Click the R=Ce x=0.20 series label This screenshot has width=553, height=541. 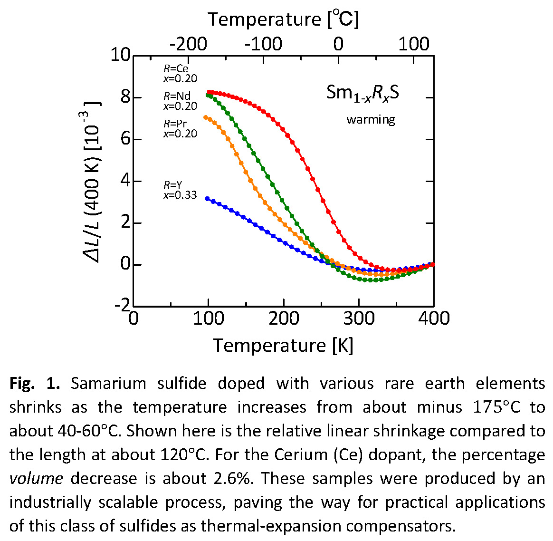click(180, 74)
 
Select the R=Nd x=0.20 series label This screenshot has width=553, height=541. click(180, 101)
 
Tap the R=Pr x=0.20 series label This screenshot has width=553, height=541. click(180, 128)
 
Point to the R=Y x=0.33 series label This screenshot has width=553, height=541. click(180, 190)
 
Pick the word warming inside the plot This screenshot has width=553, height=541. click(371, 119)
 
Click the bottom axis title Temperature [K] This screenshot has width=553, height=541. click(283, 345)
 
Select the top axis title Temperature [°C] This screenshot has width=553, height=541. click(283, 19)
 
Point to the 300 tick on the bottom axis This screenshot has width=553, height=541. click(359, 318)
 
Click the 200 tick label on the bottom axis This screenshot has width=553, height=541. click(284, 318)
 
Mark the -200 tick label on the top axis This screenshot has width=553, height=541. click(188, 44)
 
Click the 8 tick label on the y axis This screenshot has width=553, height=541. click(125, 97)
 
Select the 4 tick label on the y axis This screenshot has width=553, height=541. click(125, 181)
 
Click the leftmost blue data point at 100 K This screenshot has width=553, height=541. click(207, 198)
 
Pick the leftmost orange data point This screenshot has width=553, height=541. click(206, 117)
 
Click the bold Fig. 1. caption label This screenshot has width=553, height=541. click(34, 383)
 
